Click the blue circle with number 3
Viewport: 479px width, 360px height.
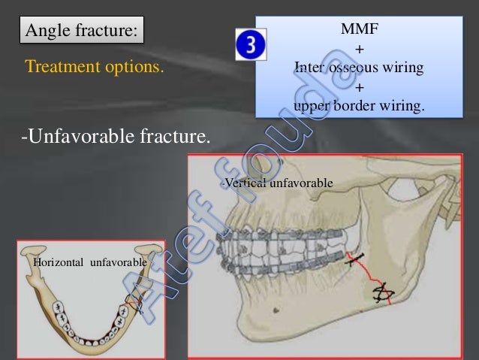click(251, 46)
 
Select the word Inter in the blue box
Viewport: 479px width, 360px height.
click(311, 68)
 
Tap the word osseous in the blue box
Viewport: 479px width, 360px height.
click(357, 68)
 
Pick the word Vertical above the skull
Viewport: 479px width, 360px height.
click(243, 183)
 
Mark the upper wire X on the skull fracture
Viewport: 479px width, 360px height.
click(356, 262)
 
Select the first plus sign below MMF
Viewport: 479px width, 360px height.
click(358, 50)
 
